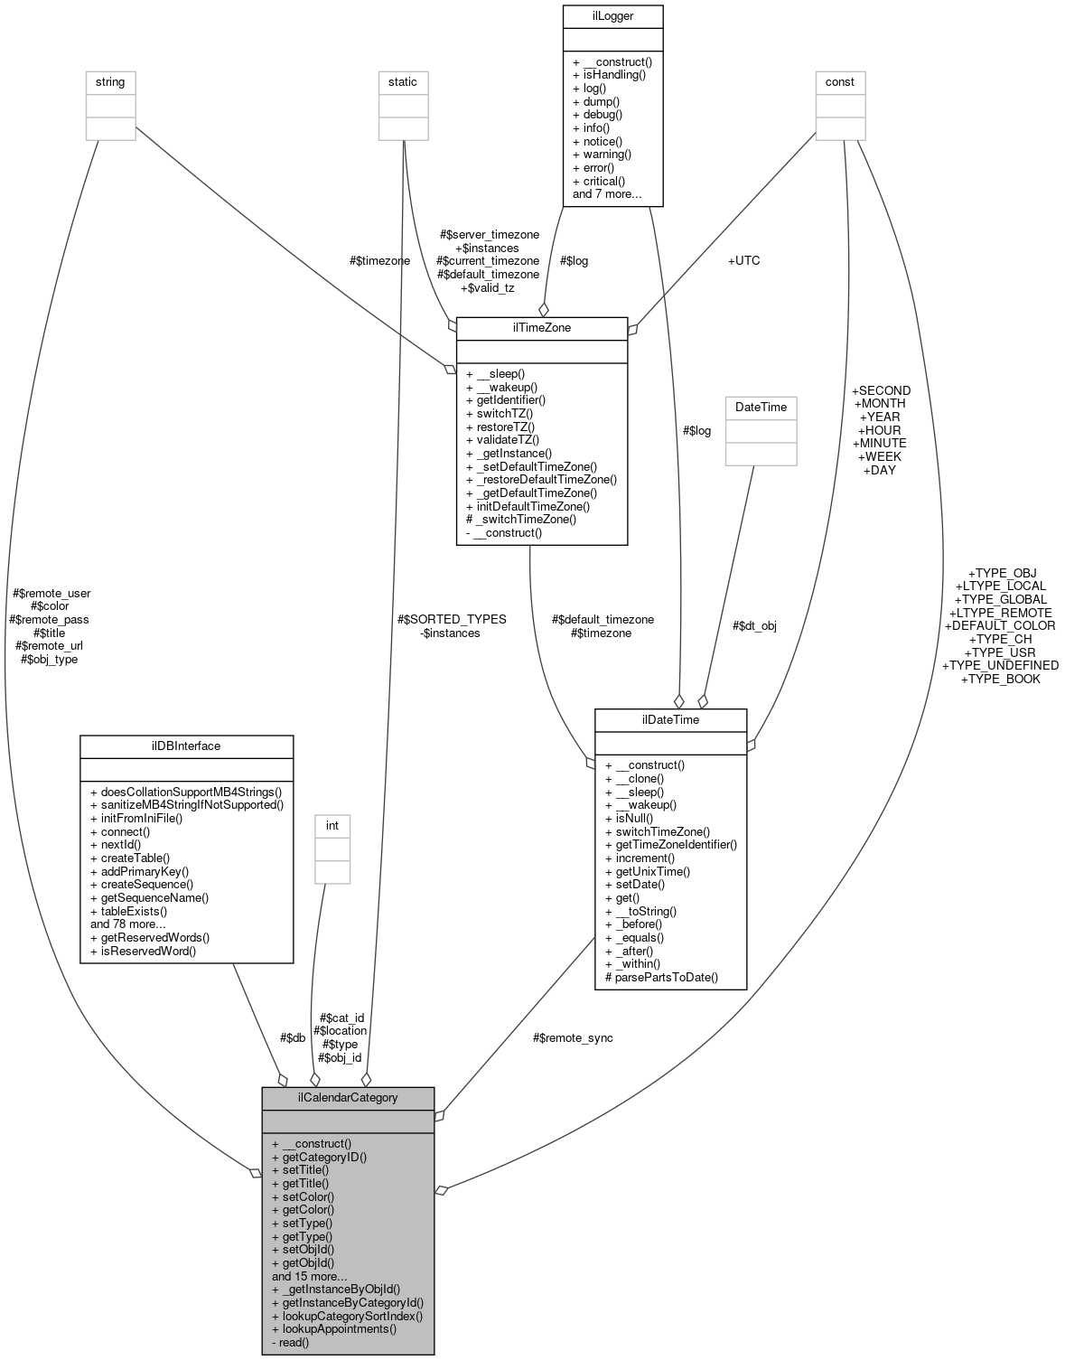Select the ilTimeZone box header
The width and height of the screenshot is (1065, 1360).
click(542, 327)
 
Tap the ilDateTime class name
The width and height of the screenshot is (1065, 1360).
click(670, 719)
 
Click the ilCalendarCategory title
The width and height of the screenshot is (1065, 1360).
click(348, 1098)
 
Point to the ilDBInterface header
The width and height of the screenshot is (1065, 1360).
click(186, 746)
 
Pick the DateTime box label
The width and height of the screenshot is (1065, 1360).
click(761, 407)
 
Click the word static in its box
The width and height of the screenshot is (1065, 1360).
click(403, 81)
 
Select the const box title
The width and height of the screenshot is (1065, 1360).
click(840, 81)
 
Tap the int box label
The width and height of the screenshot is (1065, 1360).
click(332, 825)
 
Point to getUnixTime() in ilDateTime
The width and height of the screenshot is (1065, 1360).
click(648, 871)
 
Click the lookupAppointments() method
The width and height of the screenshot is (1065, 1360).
click(334, 1328)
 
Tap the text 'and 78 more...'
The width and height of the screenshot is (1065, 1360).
click(128, 924)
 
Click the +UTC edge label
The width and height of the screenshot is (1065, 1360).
click(743, 260)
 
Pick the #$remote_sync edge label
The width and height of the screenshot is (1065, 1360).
click(573, 1037)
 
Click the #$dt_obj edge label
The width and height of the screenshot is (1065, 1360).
click(754, 625)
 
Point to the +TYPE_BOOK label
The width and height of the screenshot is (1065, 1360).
click(1000, 679)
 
